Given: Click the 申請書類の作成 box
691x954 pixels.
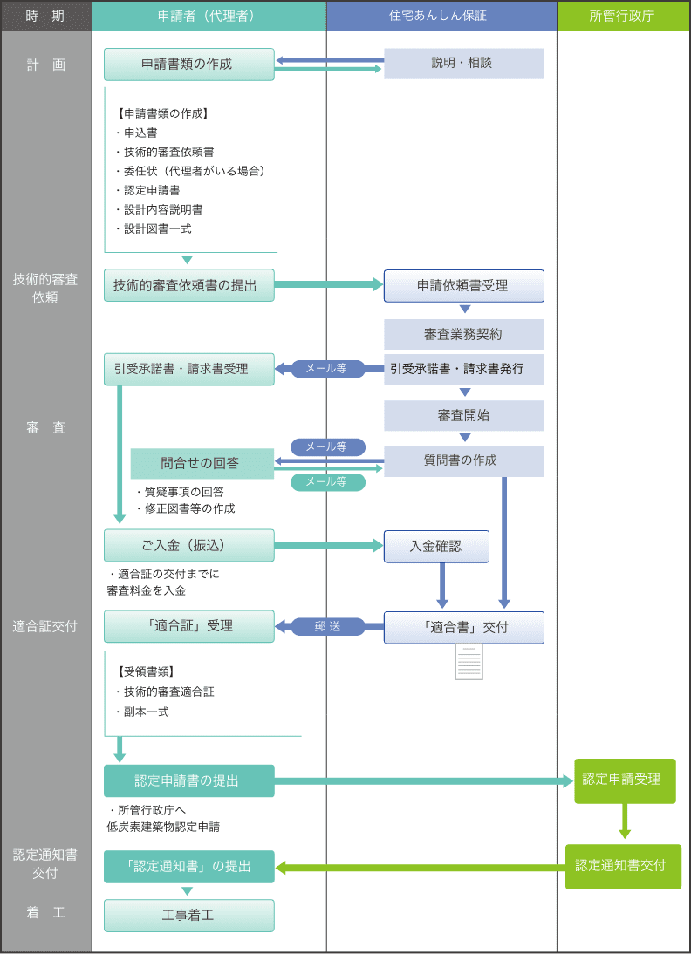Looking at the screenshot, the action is tap(188, 65).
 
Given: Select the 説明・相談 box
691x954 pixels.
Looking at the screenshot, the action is tap(463, 64).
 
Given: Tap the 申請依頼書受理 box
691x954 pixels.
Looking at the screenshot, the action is tap(463, 285).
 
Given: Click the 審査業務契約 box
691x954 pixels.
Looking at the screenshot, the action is tap(463, 335).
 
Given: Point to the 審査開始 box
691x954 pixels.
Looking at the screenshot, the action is tap(463, 416).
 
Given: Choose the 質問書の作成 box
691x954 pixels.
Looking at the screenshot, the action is tap(463, 460).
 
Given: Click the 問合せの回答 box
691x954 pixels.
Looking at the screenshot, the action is tap(202, 464).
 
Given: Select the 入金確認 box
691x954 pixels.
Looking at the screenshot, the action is tap(436, 547).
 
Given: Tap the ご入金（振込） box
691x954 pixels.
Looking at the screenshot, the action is tap(188, 545).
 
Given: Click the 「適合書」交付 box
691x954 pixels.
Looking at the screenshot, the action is tap(463, 627).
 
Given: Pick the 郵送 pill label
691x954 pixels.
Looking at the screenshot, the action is tap(328, 627).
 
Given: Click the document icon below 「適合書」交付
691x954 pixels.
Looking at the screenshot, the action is tap(469, 661).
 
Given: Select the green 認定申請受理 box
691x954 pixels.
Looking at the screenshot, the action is tap(625, 780).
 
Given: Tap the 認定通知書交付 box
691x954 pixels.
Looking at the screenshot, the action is tap(623, 867).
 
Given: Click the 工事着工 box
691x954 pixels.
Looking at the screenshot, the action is tap(188, 915).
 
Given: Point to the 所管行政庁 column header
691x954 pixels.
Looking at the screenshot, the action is tap(624, 16).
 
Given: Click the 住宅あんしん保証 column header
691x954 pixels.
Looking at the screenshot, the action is tap(441, 16).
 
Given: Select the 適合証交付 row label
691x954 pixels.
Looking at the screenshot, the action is tap(45, 626).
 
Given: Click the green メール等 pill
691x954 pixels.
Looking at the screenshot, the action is tap(328, 482).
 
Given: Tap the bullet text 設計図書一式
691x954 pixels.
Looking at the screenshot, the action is tap(154, 228).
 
